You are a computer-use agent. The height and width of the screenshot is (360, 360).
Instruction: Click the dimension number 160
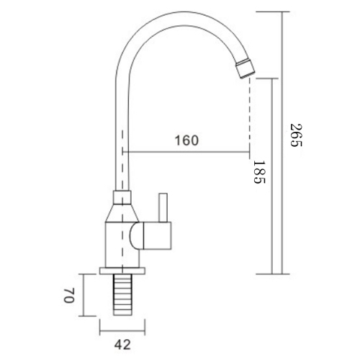coord(186,140)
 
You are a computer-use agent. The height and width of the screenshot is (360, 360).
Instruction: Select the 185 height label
coord(260,174)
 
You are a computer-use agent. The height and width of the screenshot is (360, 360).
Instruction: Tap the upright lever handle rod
coord(162,208)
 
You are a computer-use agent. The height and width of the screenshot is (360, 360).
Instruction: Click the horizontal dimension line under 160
coord(187,153)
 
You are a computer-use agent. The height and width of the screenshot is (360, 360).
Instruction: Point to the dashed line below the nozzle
coord(249,115)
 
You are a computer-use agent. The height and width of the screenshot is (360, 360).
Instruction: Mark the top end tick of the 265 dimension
coord(279,12)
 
